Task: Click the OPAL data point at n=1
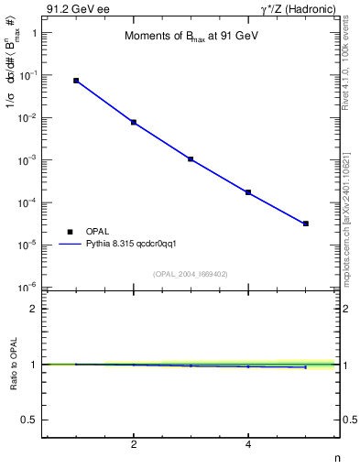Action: pyautogui.click(x=76, y=81)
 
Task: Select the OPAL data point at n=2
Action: pyautogui.click(x=134, y=122)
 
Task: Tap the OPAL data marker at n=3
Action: pyautogui.click(x=191, y=158)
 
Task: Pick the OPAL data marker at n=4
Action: pyautogui.click(x=248, y=192)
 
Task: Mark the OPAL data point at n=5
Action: pyautogui.click(x=306, y=224)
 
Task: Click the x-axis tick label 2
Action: pyautogui.click(x=134, y=445)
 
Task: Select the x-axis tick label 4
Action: pyautogui.click(x=248, y=445)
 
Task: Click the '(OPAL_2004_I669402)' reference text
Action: pyautogui.click(x=190, y=274)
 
